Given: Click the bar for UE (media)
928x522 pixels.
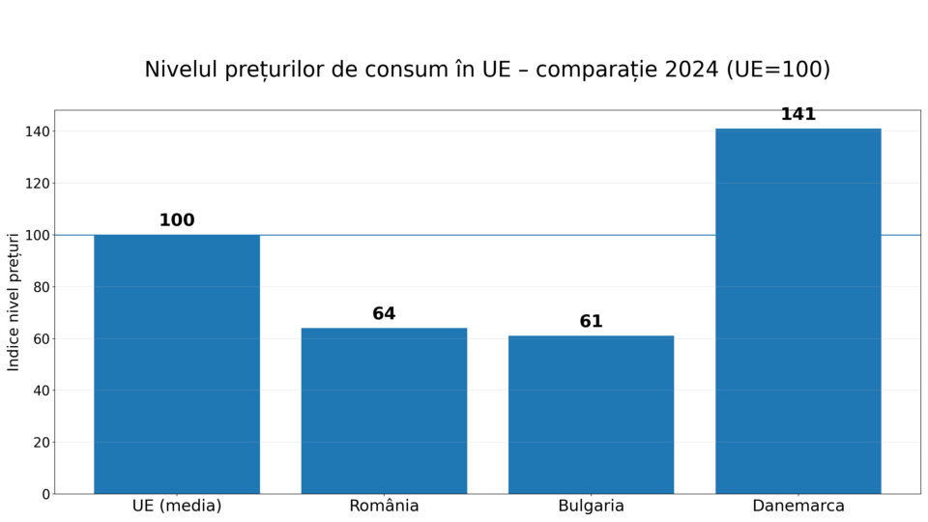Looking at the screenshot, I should [177, 364].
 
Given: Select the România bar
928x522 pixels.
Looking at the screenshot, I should [384, 411].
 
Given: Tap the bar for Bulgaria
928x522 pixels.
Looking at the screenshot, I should [591, 415].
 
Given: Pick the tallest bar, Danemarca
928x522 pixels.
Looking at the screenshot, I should [797, 311].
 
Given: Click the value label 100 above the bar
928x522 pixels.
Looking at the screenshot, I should [177, 220].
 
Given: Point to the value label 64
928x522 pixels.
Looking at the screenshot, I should [384, 314].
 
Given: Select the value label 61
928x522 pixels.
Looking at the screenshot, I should [591, 322].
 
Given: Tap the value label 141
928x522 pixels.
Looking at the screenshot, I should [797, 114].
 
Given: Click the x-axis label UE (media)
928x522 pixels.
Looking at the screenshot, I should [177, 507].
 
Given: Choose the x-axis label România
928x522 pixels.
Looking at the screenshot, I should [384, 507].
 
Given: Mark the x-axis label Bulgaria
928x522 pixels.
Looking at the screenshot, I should [591, 507].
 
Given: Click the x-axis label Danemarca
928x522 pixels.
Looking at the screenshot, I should [797, 507].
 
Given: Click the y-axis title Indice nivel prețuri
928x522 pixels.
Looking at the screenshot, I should [14, 302].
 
